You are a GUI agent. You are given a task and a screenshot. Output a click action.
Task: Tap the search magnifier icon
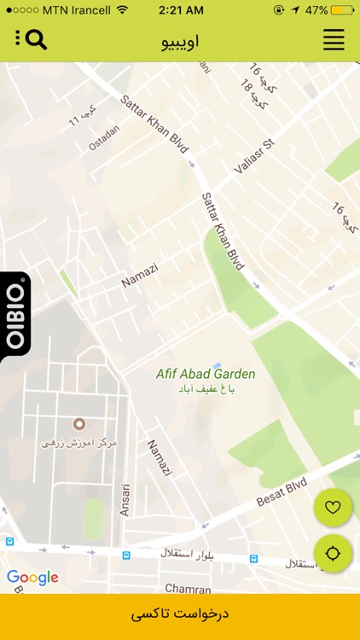click(36, 39)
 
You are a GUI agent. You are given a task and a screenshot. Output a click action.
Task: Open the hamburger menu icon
click(334, 40)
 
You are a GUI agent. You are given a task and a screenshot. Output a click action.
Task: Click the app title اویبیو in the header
click(180, 41)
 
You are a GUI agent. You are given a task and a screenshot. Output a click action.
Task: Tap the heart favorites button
click(333, 508)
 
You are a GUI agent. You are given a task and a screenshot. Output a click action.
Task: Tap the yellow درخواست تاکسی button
click(180, 614)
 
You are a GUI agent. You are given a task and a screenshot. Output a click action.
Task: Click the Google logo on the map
click(32, 578)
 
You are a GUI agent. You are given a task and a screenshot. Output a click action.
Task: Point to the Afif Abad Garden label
click(206, 374)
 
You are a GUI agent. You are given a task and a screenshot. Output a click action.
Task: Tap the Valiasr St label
click(253, 156)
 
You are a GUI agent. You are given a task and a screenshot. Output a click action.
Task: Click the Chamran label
click(187, 589)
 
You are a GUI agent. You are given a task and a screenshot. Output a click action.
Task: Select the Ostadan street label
click(104, 138)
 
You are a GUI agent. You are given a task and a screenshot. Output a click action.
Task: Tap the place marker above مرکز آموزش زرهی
click(79, 424)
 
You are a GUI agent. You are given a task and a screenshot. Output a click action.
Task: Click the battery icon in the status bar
click(342, 10)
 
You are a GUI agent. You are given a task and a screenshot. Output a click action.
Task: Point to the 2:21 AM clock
click(180, 10)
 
